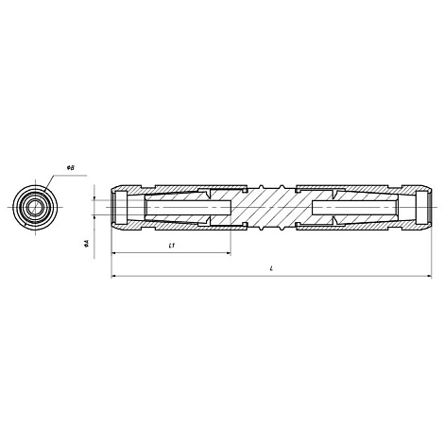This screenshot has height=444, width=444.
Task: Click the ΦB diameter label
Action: pyautogui.click(x=70, y=168)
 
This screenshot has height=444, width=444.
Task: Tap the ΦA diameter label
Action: pyautogui.click(x=86, y=243)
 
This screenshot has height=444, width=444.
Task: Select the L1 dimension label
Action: pyautogui.click(x=172, y=246)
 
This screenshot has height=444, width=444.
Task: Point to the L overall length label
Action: pyautogui.click(x=271, y=268)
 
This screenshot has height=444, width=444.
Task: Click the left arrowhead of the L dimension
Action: pyautogui.click(x=113, y=276)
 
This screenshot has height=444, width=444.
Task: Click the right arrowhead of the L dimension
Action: pyautogui.click(x=429, y=276)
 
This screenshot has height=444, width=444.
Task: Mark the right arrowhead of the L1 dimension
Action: pyautogui.click(x=229, y=252)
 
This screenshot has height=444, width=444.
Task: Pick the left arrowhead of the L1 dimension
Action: pyautogui.click(x=113, y=252)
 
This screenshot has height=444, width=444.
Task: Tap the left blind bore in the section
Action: pyautogui.click(x=189, y=207)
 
